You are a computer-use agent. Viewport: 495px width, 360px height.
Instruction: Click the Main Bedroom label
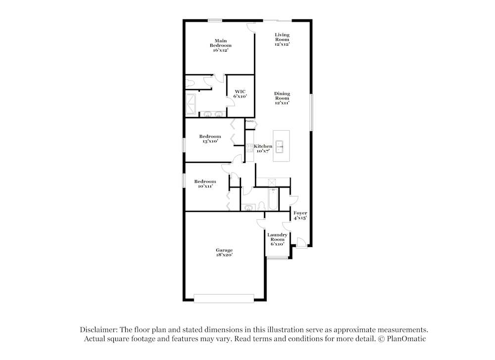pyautogui.click(x=220, y=45)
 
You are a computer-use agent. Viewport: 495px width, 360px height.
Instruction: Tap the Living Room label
pyautogui.click(x=282, y=39)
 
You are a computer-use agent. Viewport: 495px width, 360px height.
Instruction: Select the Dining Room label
pyautogui.click(x=282, y=98)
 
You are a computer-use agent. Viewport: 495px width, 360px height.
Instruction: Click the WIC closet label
pyautogui.click(x=240, y=94)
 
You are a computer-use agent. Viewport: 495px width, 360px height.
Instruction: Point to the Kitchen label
pyautogui.click(x=263, y=147)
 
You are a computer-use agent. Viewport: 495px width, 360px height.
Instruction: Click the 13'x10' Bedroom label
pyautogui.click(x=210, y=139)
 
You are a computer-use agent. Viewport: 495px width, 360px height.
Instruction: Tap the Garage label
pyautogui.click(x=224, y=253)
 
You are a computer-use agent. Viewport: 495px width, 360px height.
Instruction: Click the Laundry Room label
pyautogui.click(x=277, y=239)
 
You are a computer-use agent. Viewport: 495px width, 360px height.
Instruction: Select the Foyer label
pyautogui.click(x=300, y=215)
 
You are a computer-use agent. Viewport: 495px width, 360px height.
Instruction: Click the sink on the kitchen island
pyautogui.click(x=280, y=145)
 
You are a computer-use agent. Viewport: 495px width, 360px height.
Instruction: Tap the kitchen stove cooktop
pyautogui.click(x=250, y=147)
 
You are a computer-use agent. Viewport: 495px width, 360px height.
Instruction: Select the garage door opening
pyautogui.click(x=224, y=298)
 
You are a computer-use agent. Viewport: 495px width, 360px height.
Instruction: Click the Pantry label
pyautogui.click(x=250, y=121)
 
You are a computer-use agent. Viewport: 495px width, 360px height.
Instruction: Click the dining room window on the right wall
pyautogui.click(x=311, y=112)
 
